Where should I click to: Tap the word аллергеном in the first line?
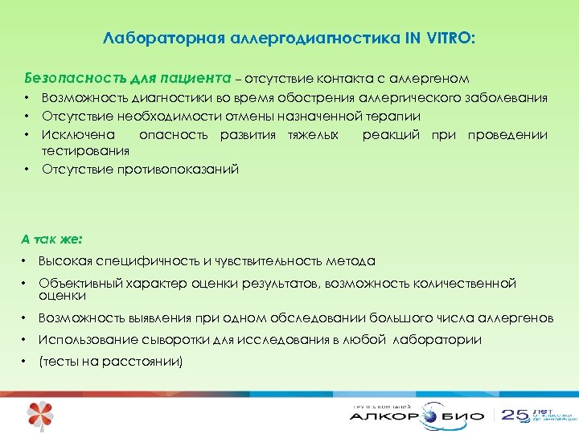click(432, 79)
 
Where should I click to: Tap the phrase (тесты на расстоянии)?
click(111, 361)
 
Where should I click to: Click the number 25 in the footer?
click(515, 415)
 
